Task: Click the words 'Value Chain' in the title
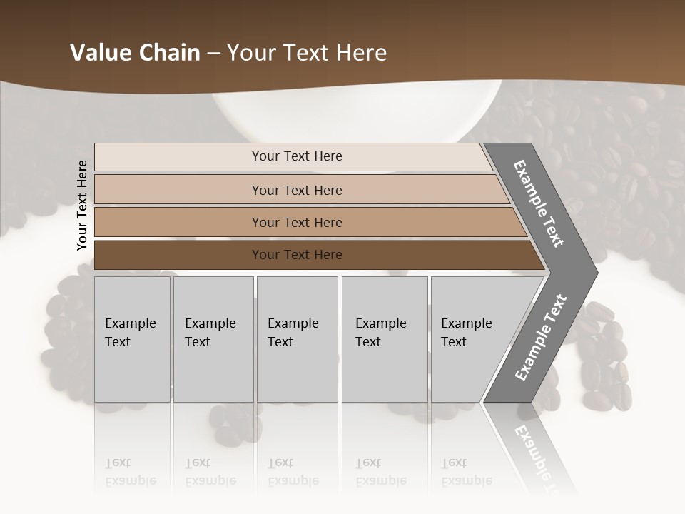tap(135, 53)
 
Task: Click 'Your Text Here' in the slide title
tap(307, 53)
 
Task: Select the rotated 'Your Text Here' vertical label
tap(82, 205)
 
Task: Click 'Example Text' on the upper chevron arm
tap(539, 203)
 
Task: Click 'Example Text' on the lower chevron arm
tap(540, 338)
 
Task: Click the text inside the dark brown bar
tap(297, 255)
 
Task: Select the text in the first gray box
tap(130, 332)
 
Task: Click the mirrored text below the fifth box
tap(466, 472)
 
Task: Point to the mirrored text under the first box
tap(130, 472)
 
